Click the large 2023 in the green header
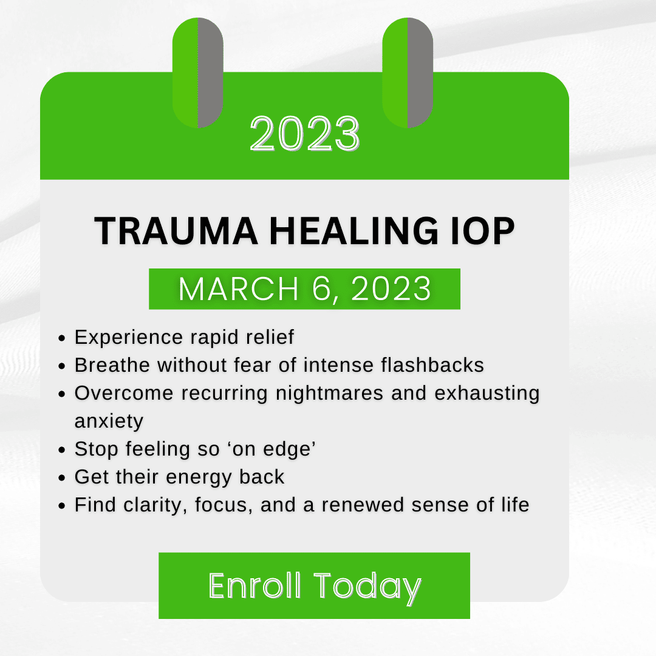(304, 133)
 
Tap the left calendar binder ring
(197, 73)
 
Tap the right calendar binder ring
(408, 73)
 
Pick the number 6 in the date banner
(326, 289)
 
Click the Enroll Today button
(314, 586)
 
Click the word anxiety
(109, 421)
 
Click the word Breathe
(112, 365)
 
